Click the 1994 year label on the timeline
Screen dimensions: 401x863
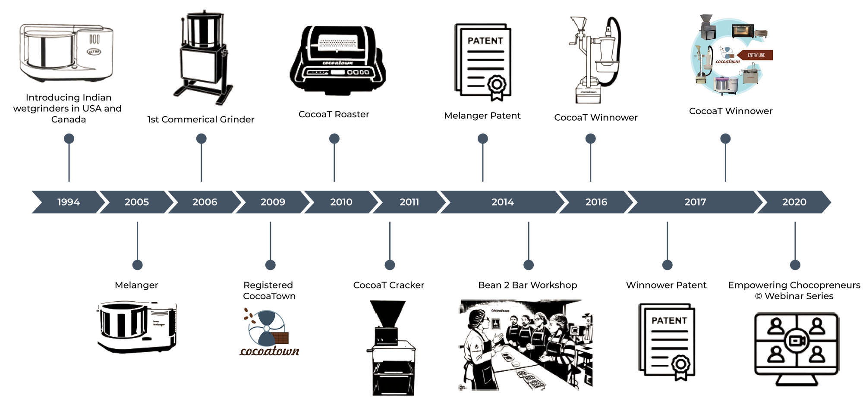coord(69,202)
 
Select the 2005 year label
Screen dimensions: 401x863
coord(137,202)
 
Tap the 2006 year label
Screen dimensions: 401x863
coord(205,202)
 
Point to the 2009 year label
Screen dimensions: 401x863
coord(273,202)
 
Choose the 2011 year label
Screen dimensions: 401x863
coord(409,202)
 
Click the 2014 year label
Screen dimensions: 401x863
coord(503,202)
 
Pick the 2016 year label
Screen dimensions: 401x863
coord(596,202)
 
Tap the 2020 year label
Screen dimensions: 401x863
coord(794,202)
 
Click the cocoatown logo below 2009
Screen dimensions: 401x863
coord(270,332)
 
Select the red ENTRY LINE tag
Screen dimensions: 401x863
coord(755,55)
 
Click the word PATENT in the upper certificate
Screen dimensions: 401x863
coord(485,41)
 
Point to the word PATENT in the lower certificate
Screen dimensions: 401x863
coord(669,320)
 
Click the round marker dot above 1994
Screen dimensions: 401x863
coord(69,138)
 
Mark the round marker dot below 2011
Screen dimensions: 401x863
coord(390,265)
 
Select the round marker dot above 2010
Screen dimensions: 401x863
coord(334,138)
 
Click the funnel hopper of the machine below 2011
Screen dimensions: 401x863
coord(387,313)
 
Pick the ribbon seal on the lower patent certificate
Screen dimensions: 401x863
coord(680,367)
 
